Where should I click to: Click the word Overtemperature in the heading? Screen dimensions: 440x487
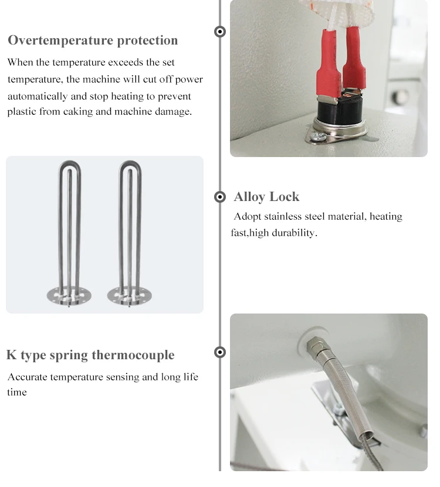tap(60, 40)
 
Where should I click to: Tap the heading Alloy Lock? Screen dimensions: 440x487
tap(266, 197)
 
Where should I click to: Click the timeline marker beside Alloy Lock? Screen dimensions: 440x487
tap(220, 197)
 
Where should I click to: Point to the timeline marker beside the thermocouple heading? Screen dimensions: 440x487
tap(220, 352)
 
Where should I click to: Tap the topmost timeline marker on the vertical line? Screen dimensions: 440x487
tap(220, 32)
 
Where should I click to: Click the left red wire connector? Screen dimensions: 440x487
tap(329, 64)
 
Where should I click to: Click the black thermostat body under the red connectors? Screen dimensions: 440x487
tap(339, 110)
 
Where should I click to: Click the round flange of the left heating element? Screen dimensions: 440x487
tap(69, 296)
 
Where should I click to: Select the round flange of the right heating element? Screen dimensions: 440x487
tap(129, 296)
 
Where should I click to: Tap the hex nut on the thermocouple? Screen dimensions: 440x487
tap(316, 346)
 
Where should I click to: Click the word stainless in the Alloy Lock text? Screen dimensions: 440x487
tap(283, 216)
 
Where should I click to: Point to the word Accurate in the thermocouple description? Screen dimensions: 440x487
tap(28, 377)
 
